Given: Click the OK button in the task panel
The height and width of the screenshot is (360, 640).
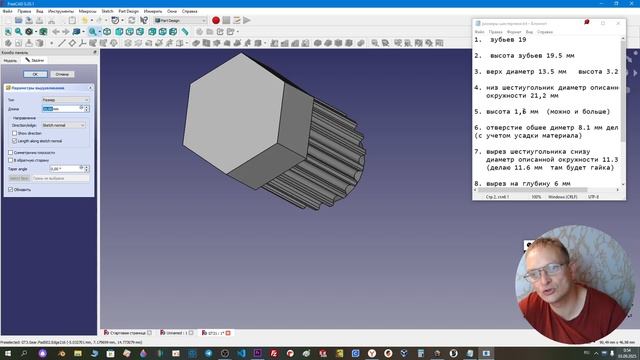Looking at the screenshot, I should point(34,74).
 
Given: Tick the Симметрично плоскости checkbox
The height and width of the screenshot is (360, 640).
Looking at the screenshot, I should point(10,152).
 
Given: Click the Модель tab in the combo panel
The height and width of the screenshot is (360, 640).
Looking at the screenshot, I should point(11,60).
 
